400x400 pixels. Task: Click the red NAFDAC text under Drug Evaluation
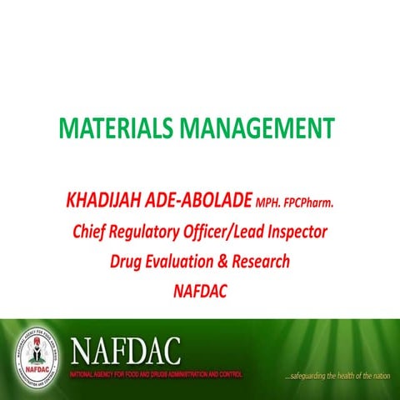point(200,291)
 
